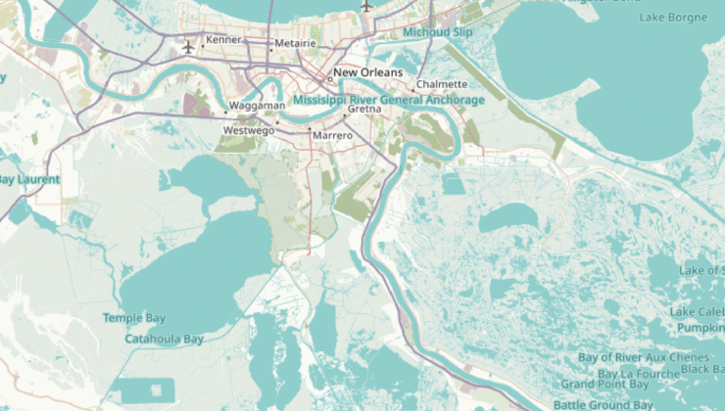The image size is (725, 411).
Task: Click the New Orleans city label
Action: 368,72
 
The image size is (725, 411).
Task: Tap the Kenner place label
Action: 223,40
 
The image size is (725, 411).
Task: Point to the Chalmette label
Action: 442,84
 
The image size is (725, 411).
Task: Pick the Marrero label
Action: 332,135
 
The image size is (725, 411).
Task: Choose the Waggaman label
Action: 257,105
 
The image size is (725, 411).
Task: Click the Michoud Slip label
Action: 438,32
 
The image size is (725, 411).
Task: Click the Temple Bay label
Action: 134,318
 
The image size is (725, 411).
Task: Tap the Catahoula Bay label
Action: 164,339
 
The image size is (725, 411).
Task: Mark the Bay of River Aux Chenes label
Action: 644,357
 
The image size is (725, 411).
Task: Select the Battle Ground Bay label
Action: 604,404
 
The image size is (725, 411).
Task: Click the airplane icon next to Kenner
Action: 189,47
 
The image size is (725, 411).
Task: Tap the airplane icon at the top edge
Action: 366,5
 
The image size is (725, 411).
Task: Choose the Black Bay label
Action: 702,369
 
